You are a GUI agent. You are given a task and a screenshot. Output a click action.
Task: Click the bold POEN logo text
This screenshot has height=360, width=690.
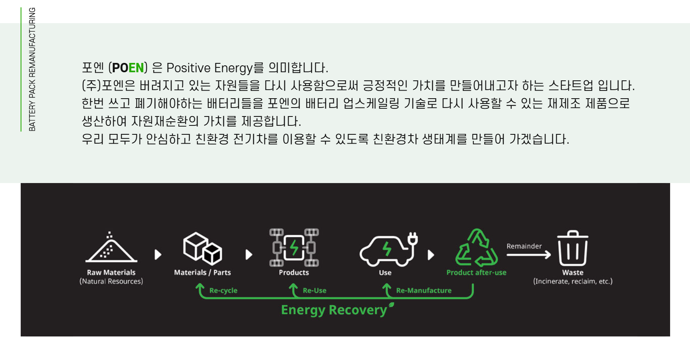point(128,68)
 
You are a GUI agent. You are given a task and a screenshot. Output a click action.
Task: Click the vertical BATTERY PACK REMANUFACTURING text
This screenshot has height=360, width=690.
point(32,69)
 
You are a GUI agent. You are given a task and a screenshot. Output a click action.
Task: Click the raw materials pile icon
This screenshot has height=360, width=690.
point(111,247)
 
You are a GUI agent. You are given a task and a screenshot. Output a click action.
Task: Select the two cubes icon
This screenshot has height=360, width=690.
point(202,248)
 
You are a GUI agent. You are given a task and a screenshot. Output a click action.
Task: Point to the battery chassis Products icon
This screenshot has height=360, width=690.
point(294,247)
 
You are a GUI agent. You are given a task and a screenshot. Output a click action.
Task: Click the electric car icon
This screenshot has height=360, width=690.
point(388,249)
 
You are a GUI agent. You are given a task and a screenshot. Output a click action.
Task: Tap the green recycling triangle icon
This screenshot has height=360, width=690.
point(477,248)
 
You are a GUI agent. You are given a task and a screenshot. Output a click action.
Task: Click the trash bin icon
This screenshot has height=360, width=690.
point(573,248)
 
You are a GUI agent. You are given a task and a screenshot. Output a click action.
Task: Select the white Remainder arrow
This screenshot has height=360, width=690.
point(529,254)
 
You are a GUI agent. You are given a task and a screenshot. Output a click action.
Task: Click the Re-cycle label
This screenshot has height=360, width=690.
point(224,290)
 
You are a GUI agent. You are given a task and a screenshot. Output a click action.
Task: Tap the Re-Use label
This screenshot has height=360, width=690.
point(314,290)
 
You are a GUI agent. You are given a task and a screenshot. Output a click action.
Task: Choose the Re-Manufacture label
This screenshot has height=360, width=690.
point(423,290)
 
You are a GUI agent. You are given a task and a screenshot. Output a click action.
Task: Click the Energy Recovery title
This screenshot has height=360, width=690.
point(334,310)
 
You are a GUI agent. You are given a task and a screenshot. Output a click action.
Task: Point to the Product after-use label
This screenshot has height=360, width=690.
point(476,272)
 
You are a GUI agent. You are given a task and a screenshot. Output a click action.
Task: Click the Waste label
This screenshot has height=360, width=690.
point(573,272)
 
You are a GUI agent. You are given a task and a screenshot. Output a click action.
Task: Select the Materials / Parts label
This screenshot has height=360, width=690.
point(202,272)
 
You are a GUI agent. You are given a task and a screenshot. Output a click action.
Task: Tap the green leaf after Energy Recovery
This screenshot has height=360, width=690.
point(391,305)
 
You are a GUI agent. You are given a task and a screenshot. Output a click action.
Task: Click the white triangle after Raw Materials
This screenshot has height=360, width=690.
point(158,254)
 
